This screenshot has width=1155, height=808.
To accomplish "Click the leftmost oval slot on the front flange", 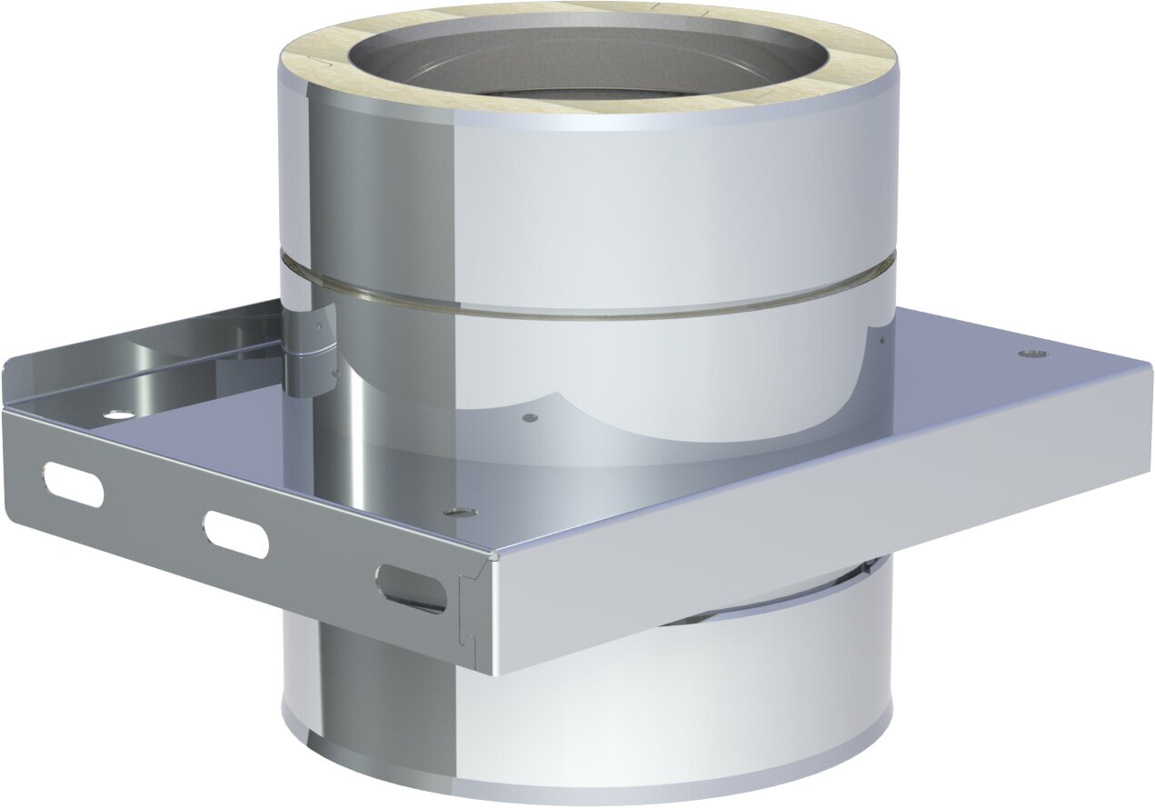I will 74,484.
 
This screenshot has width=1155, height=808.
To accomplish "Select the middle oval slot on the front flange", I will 236,534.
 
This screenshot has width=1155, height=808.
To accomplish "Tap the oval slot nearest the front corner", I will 412,588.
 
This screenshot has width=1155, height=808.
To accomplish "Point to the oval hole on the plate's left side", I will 115,414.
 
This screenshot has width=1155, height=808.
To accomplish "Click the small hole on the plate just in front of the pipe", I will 530,418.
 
